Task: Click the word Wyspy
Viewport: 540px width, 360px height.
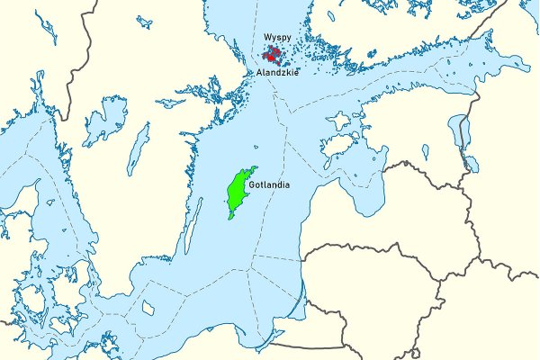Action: click(277, 39)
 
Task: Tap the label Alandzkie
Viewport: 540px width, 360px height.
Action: click(278, 70)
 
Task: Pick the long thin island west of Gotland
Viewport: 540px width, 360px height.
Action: click(191, 225)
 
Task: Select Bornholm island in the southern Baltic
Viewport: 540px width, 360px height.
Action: click(148, 308)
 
